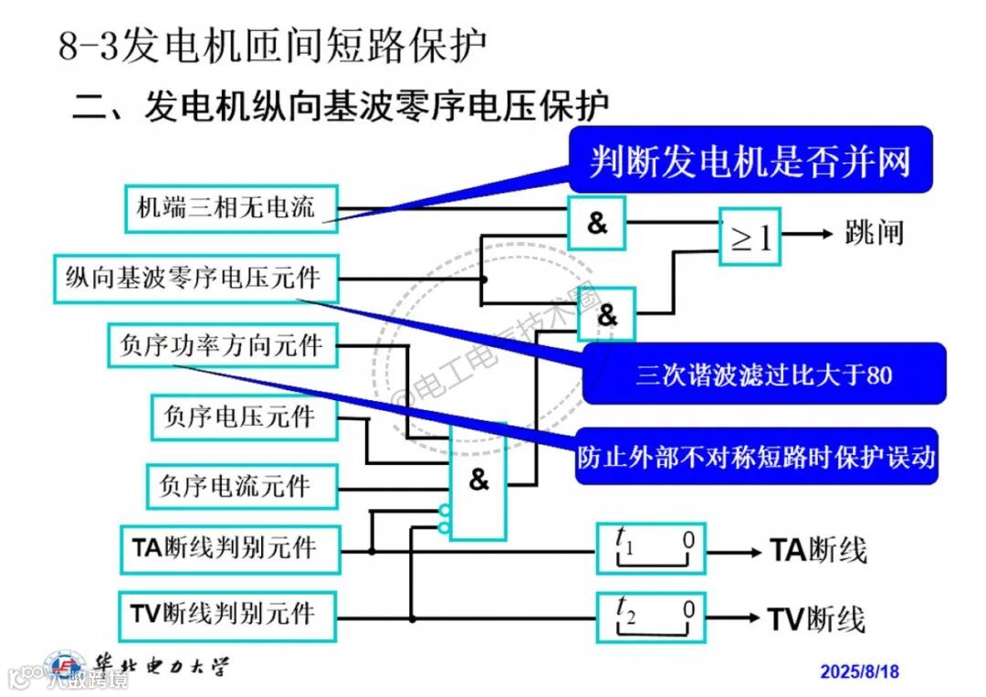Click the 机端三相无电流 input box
coord(231,206)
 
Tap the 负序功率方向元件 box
coord(221,345)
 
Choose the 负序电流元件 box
coord(242,486)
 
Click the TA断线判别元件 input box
coord(229,549)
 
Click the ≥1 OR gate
coord(750,237)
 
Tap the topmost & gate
coord(597,223)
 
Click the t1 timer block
coord(651,548)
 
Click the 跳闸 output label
coord(874,234)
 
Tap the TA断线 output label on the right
coord(818,551)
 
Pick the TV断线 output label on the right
coord(816,619)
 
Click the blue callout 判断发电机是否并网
coord(750,161)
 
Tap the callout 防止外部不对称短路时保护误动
coord(757,456)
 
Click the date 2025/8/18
coord(859,671)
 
